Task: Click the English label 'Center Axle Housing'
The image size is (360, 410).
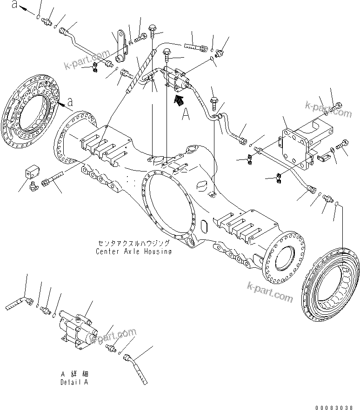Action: click(x=133, y=251)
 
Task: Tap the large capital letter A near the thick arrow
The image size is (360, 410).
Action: click(x=186, y=114)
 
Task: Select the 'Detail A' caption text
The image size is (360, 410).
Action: click(x=74, y=382)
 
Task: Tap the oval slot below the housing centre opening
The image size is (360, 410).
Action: click(x=203, y=226)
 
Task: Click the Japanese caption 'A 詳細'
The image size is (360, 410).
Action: click(x=74, y=374)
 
